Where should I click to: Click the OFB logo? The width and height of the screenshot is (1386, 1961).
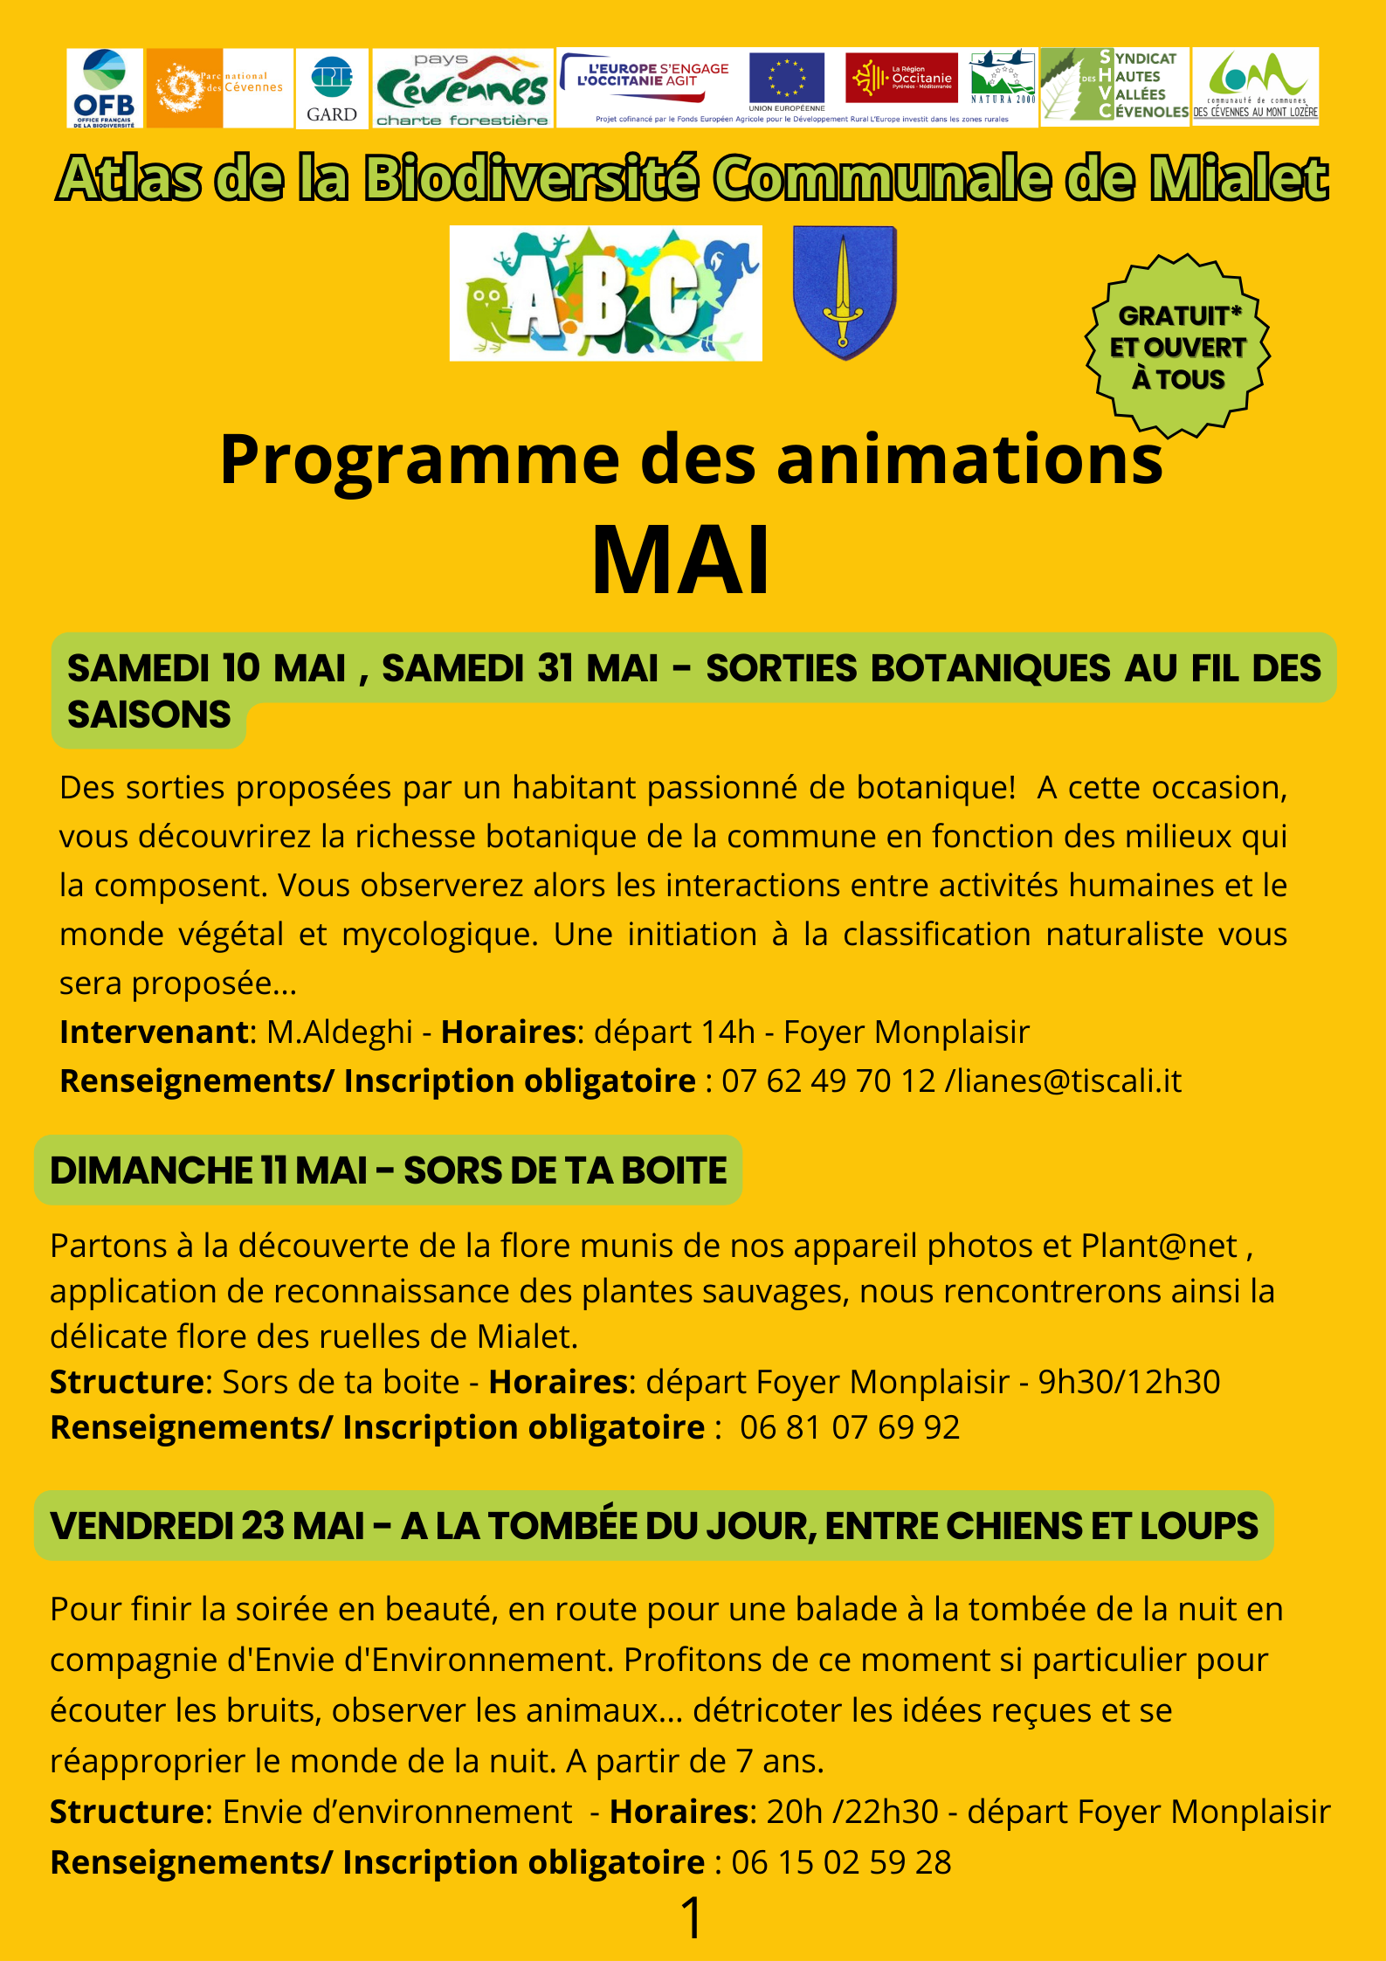(x=105, y=88)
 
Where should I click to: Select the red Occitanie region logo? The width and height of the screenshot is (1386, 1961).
(x=901, y=79)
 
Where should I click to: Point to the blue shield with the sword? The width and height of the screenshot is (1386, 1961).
(x=844, y=293)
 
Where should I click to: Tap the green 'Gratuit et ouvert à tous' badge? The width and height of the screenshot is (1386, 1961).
(x=1177, y=347)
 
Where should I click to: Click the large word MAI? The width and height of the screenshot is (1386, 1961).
(x=681, y=561)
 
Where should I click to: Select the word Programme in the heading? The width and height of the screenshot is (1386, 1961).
(x=419, y=460)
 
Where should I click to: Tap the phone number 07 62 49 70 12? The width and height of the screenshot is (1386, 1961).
(x=828, y=1081)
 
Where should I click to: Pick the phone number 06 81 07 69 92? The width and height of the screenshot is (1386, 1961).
(x=849, y=1427)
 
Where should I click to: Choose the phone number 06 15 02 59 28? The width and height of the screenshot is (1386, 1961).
(x=841, y=1862)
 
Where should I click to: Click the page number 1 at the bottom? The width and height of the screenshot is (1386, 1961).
(x=691, y=1919)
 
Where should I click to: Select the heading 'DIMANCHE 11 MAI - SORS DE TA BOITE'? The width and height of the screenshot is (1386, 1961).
(x=388, y=1170)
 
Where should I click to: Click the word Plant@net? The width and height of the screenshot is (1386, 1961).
(x=1159, y=1246)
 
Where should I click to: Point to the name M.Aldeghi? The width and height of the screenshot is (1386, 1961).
(x=339, y=1032)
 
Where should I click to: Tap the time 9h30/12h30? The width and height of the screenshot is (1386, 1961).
(x=1128, y=1382)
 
